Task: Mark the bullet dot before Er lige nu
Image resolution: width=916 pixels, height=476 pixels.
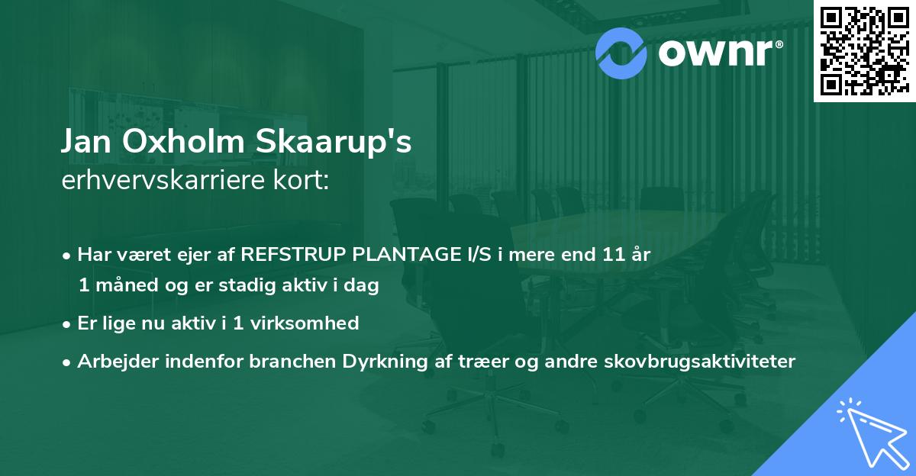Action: click(67, 324)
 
